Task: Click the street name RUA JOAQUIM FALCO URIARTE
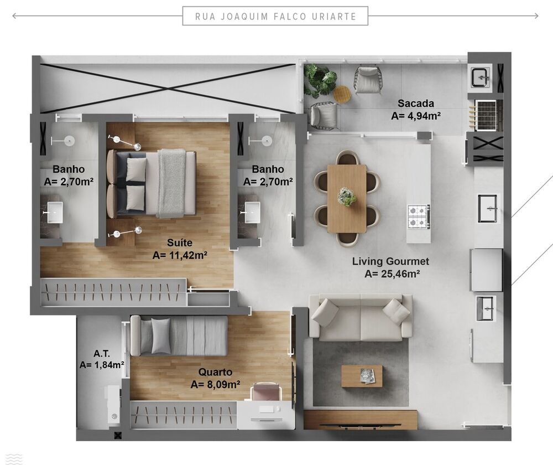coord(275,16)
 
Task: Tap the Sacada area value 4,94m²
coord(415,116)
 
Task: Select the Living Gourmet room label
coord(390,261)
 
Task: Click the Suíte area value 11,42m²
coord(180,255)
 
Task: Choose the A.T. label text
coord(101,353)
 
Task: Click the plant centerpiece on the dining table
coord(347,197)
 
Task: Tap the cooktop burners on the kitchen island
coord(418,216)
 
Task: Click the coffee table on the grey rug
coord(361,376)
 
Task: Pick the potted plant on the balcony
coord(321,80)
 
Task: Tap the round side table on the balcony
coord(342,94)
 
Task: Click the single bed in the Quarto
coord(179,336)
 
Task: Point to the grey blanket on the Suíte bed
coord(171,183)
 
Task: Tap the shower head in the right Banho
coord(267,140)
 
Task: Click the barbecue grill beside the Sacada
coord(486,113)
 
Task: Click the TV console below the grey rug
coord(361,420)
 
